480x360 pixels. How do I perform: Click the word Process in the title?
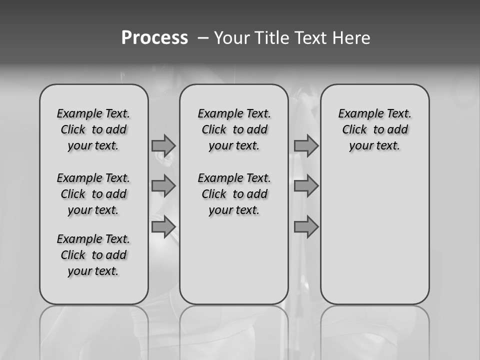(x=154, y=38)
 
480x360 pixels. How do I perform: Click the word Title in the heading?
(x=271, y=38)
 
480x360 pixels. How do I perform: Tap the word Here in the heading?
(x=351, y=38)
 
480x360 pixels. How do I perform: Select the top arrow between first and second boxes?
(x=163, y=145)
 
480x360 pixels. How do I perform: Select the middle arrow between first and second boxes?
(x=163, y=186)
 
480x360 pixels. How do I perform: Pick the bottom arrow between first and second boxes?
(x=163, y=227)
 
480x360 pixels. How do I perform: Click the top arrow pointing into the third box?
(x=306, y=145)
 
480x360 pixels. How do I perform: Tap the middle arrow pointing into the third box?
(x=306, y=186)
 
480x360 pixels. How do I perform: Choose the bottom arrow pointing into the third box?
(x=306, y=227)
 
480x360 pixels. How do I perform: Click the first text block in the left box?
(x=93, y=129)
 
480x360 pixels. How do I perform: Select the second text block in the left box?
(x=93, y=194)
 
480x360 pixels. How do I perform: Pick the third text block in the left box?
(x=93, y=255)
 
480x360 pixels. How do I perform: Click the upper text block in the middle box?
(x=234, y=129)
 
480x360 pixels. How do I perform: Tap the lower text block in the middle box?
(x=234, y=194)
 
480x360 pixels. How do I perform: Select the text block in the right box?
(x=374, y=129)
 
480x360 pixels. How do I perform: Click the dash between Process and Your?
(x=203, y=38)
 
